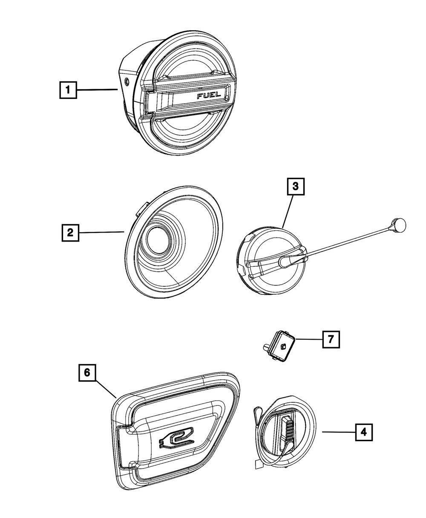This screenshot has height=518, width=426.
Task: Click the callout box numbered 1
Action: pyautogui.click(x=68, y=90)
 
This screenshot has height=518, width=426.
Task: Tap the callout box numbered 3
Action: pyautogui.click(x=296, y=187)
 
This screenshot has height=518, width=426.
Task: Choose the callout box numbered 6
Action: pyautogui.click(x=87, y=372)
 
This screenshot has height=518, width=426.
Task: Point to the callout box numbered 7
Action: pyautogui.click(x=331, y=340)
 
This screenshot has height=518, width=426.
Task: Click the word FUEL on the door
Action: pyautogui.click(x=209, y=96)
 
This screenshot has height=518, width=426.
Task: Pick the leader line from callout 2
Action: pyautogui.click(x=100, y=232)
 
